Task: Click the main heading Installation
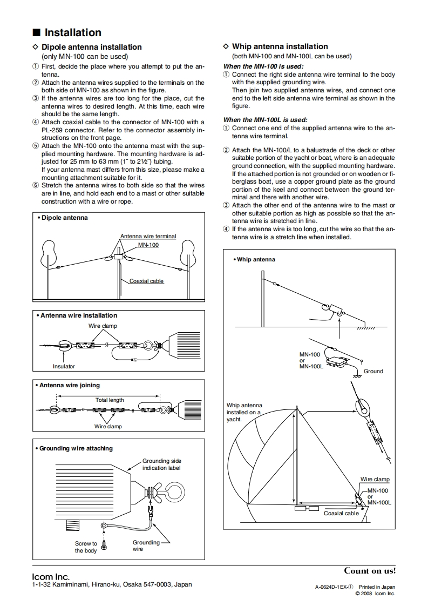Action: [72, 33]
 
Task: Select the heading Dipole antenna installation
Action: [92, 47]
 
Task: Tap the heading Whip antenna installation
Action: [280, 46]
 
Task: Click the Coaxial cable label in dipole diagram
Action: [146, 281]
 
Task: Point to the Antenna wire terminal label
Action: [148, 237]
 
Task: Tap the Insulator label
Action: [64, 366]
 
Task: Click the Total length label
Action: [110, 400]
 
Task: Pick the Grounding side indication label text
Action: [161, 464]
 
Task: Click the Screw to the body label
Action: [86, 547]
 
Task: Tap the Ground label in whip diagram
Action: [373, 371]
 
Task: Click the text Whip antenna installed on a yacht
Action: [244, 412]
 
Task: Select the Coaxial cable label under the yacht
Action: [341, 513]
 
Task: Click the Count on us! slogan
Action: [370, 570]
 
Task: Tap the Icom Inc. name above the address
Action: [51, 577]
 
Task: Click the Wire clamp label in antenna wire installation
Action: [103, 326]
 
